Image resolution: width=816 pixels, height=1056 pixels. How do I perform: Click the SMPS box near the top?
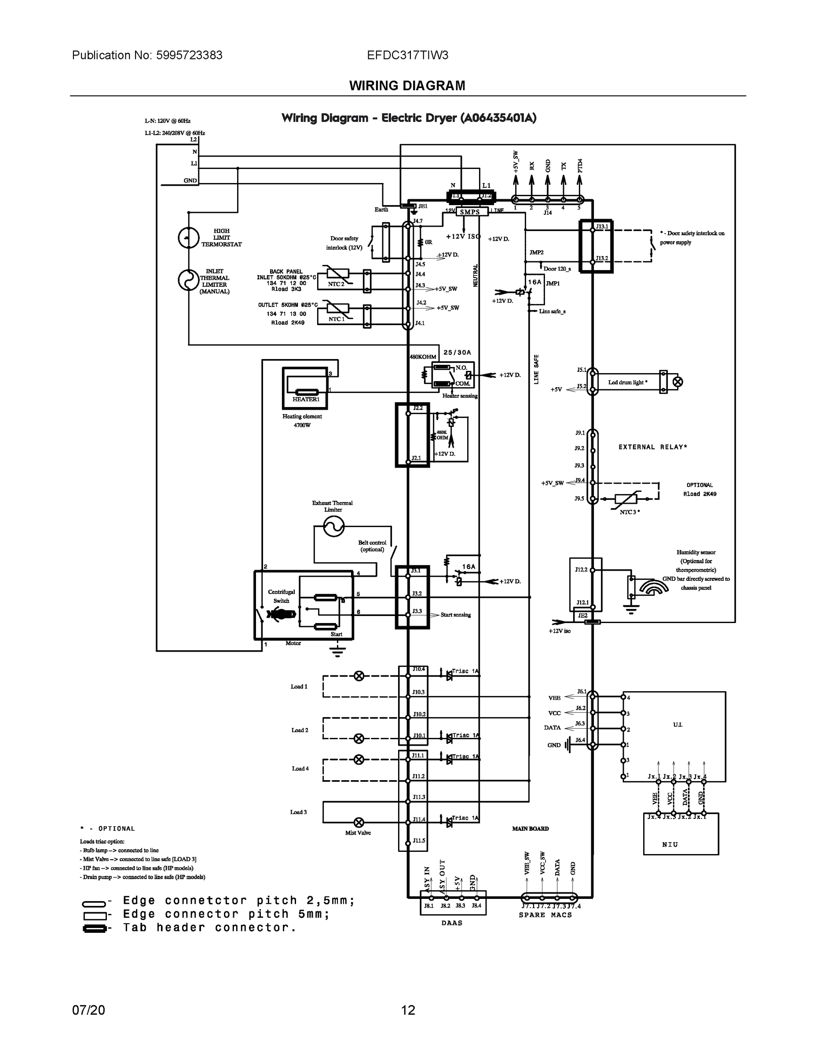click(x=469, y=212)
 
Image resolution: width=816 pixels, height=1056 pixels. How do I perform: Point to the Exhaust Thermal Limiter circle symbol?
click(x=333, y=526)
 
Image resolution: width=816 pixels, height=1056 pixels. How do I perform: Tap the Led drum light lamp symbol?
click(x=678, y=382)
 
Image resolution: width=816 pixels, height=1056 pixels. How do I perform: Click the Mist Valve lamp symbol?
click(x=359, y=822)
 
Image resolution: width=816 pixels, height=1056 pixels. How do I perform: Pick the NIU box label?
click(x=670, y=844)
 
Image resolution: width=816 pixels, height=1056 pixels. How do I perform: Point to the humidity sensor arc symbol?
click(x=653, y=587)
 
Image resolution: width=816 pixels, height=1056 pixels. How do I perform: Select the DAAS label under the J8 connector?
click(x=451, y=923)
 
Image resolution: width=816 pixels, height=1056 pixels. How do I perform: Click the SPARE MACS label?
click(x=545, y=915)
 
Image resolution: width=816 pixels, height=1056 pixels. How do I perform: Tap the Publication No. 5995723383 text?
click(x=147, y=55)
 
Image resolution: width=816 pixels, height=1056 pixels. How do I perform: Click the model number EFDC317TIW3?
click(x=407, y=55)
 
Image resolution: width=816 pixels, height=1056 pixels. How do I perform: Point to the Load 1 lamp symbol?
click(x=359, y=676)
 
